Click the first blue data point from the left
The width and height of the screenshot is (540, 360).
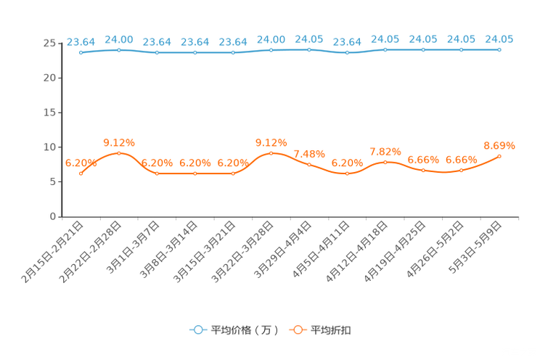pyautogui.click(x=81, y=53)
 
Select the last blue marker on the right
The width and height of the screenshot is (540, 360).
pyautogui.click(x=499, y=49)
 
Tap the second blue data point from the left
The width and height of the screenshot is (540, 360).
pyautogui.click(x=118, y=49)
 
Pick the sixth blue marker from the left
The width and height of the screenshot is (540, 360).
pyautogui.click(x=271, y=49)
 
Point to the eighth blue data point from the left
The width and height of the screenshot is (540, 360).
pyautogui.click(x=347, y=53)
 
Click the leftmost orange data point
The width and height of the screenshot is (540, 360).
pyautogui.click(x=81, y=173)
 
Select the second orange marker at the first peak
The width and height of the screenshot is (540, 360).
pyautogui.click(x=118, y=152)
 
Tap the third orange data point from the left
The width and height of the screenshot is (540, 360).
pyautogui.click(x=157, y=173)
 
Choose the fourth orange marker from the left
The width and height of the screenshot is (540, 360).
pyautogui.click(x=195, y=173)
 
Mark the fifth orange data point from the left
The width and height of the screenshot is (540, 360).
pyautogui.click(x=233, y=173)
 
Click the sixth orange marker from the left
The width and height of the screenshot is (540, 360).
pyautogui.click(x=271, y=152)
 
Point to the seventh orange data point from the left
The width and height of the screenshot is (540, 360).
pyautogui.click(x=309, y=164)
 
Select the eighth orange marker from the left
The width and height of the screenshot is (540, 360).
pyautogui.click(x=347, y=173)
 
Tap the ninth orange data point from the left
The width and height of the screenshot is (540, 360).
pyautogui.click(x=385, y=162)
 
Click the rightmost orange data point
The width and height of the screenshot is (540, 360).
pyautogui.click(x=499, y=155)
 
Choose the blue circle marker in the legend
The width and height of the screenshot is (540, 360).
pyautogui.click(x=197, y=330)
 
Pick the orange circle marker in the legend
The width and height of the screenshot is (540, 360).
pyautogui.click(x=298, y=330)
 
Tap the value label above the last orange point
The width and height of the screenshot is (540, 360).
pyautogui.click(x=499, y=144)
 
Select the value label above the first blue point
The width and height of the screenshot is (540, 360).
pyautogui.click(x=81, y=41)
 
